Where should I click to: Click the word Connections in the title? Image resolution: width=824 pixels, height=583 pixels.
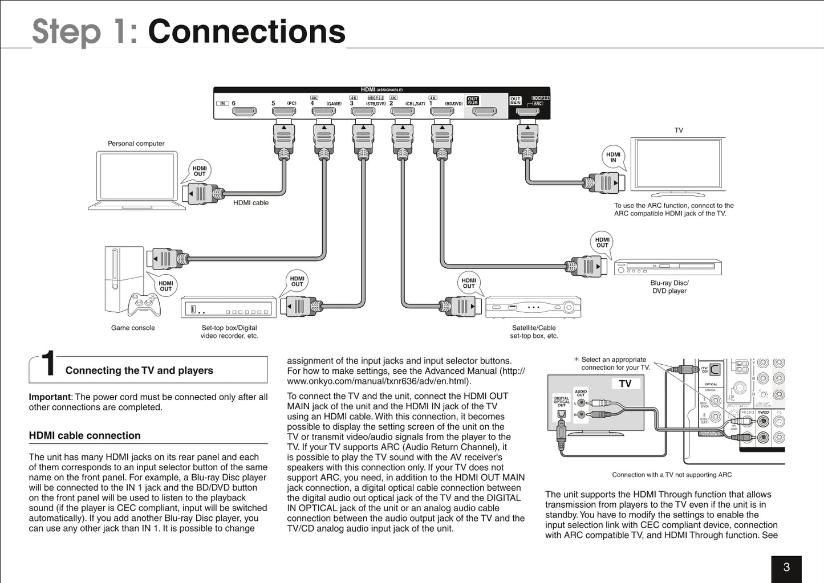coord(246,31)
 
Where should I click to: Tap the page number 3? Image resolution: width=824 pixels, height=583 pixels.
coord(786,567)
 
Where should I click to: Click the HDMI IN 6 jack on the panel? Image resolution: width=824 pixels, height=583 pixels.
coord(244,111)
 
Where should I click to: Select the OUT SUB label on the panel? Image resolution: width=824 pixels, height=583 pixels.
coord(473,101)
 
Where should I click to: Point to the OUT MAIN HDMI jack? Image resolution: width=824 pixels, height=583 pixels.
coord(527,111)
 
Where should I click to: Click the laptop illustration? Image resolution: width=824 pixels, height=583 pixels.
coord(137,180)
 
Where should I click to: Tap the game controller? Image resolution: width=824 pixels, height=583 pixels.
coord(144,304)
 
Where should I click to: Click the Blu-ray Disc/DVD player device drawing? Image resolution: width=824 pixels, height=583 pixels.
coord(668,267)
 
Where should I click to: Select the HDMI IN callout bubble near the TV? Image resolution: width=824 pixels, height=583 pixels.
coord(613,157)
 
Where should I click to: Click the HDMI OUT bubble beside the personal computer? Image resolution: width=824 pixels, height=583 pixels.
coord(200,171)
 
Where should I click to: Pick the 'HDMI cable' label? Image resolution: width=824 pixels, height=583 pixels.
coord(251,203)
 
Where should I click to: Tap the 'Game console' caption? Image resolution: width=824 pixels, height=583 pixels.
coord(133,328)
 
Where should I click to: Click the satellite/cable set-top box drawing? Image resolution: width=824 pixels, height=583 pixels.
coord(533,307)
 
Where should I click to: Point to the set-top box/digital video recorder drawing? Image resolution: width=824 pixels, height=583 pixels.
coord(229,307)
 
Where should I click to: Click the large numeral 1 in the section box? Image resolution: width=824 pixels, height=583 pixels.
coord(49,365)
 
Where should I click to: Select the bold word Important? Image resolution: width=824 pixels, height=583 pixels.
coord(49,397)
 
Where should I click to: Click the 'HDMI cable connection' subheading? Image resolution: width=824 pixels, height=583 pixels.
coord(85,436)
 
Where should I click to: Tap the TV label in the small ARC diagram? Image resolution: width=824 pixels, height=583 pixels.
coord(625,384)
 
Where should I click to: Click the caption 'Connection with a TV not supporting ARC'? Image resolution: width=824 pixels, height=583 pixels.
coord(672,475)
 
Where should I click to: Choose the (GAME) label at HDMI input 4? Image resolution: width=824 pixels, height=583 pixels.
coord(334,104)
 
